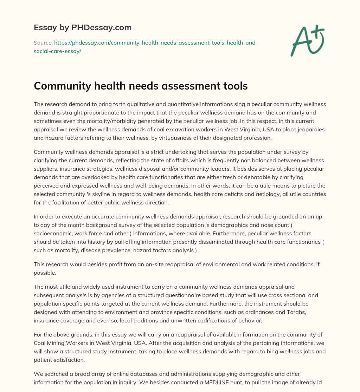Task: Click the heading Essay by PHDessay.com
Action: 83,27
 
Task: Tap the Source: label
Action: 43,43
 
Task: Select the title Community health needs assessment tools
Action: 141,86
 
